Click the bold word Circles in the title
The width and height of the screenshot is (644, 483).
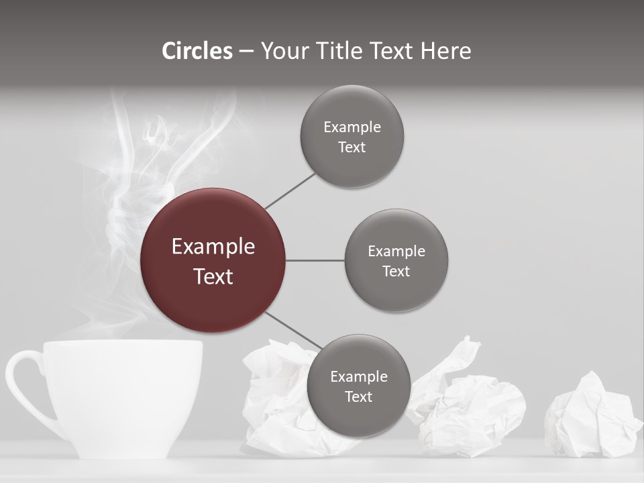coord(197,51)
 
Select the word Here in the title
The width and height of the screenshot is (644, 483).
coord(445,51)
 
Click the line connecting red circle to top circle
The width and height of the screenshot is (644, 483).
coord(290,191)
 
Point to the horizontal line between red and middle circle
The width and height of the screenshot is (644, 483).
coord(315,260)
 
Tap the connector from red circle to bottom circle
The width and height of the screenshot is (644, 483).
coord(294,330)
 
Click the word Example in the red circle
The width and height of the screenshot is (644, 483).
coord(213,247)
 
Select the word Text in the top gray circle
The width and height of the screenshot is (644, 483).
coord(352,148)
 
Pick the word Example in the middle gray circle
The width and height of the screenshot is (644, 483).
coord(396,252)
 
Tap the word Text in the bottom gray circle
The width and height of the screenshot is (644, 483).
coord(359,397)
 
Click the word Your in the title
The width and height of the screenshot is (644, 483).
coord(282,51)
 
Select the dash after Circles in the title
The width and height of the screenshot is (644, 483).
coord(246,52)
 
